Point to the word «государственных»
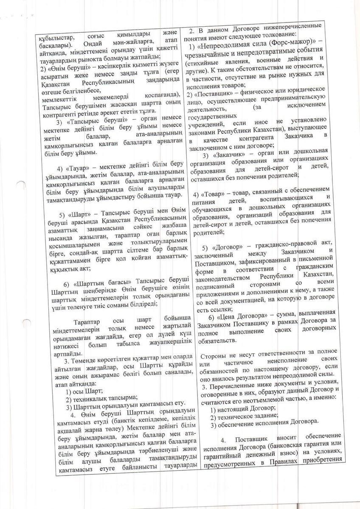coord(215,115)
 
